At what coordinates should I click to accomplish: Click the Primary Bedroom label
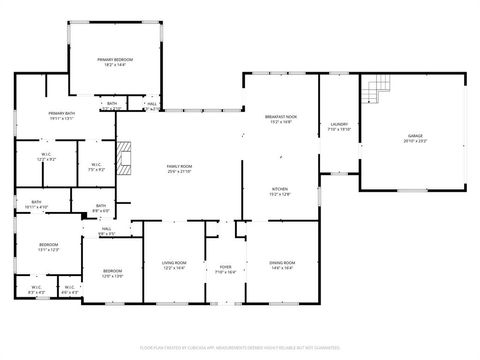115,62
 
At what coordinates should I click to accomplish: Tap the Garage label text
415,137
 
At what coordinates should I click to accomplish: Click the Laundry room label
339,126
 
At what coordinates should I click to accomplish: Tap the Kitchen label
279,191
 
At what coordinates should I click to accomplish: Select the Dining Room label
281,265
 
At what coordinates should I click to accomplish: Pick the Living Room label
175,265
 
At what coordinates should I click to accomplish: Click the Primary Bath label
62,115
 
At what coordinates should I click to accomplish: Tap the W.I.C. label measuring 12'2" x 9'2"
46,158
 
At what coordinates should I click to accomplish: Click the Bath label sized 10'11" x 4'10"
37,205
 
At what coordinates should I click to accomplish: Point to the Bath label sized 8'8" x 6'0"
101,208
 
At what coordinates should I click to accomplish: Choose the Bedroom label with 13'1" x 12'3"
49,247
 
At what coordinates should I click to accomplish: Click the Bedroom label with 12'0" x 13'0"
113,273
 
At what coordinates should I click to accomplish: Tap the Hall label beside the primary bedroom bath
152,104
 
